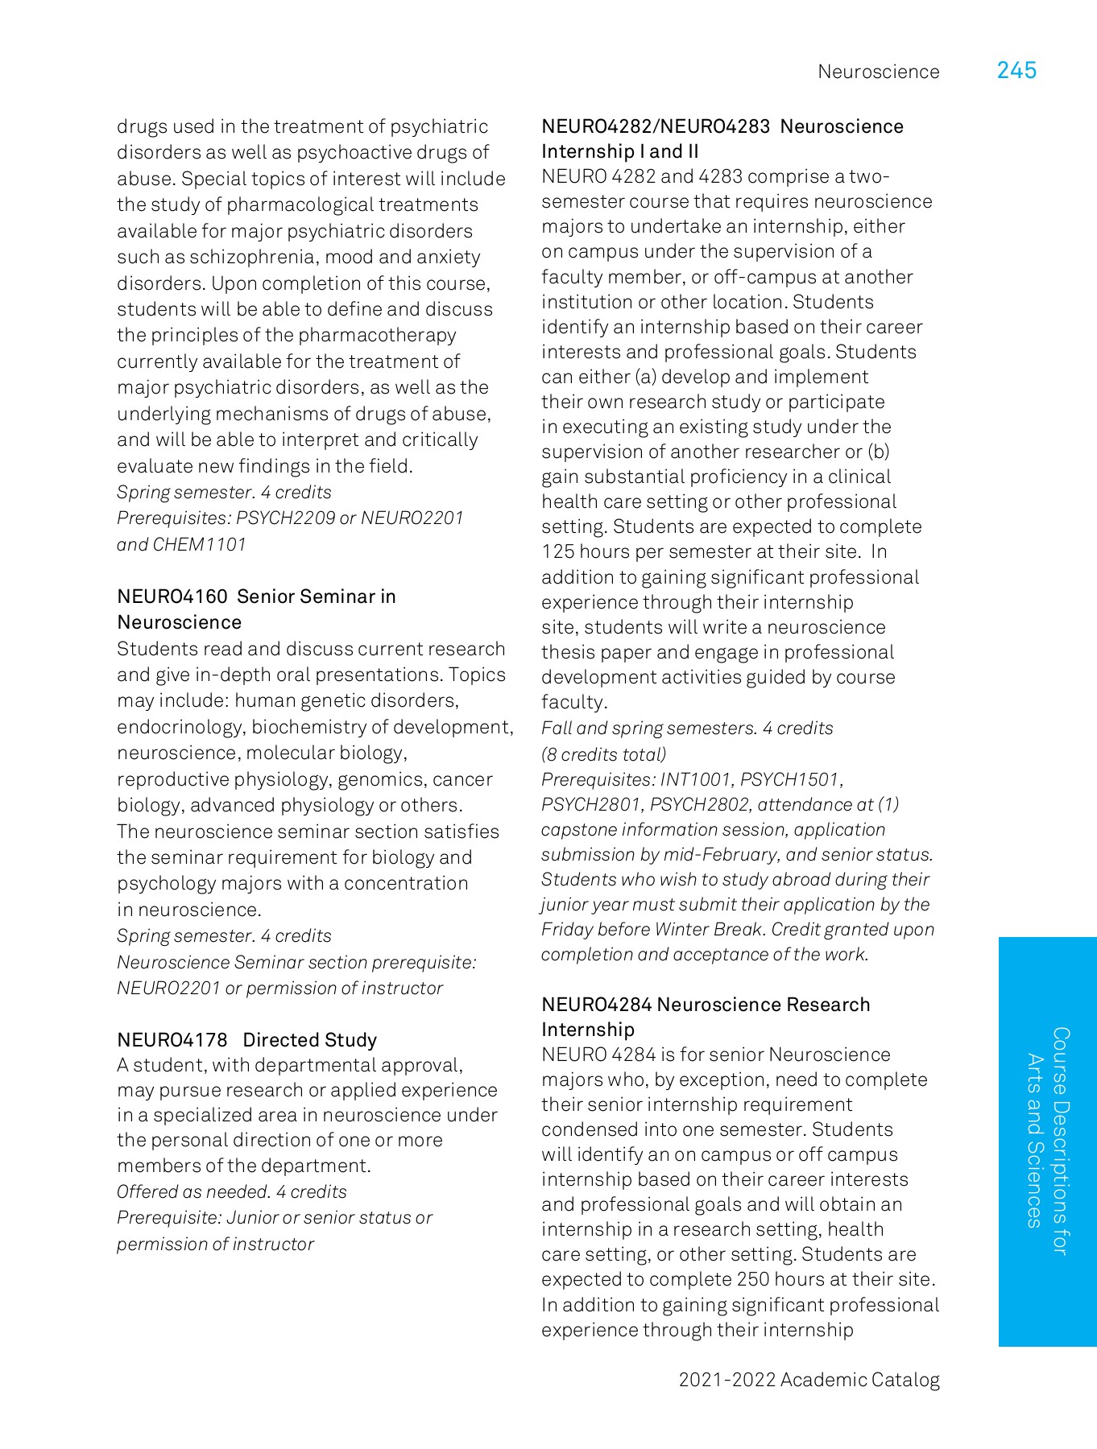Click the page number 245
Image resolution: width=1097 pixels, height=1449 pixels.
coord(1016,71)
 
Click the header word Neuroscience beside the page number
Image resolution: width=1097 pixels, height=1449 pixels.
coord(878,72)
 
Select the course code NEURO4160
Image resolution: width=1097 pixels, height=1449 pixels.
coord(172,597)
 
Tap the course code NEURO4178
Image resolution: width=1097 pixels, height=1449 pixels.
coord(172,1040)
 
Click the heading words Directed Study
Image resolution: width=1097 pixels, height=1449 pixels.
coord(309,1040)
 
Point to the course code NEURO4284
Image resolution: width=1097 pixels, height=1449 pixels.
coord(596,1005)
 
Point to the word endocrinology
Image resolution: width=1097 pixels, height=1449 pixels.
coord(181,728)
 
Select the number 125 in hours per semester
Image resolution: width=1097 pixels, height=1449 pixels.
coord(557,552)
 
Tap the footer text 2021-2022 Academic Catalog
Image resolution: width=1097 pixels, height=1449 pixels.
coord(809,1380)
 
